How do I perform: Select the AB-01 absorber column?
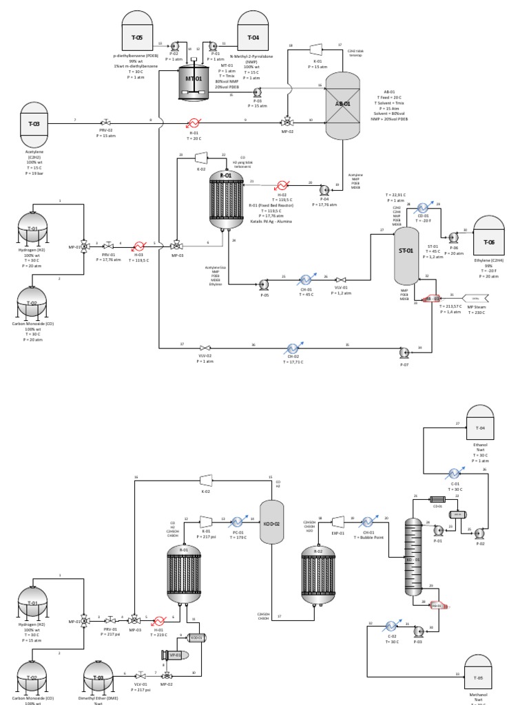pos(342,104)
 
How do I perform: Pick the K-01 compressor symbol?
pos(316,49)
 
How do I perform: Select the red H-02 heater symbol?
pos(281,185)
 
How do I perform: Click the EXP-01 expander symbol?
pos(338,521)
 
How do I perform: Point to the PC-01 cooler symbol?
pos(239,522)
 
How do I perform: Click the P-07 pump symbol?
pos(404,352)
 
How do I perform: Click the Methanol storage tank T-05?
pos(478,675)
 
